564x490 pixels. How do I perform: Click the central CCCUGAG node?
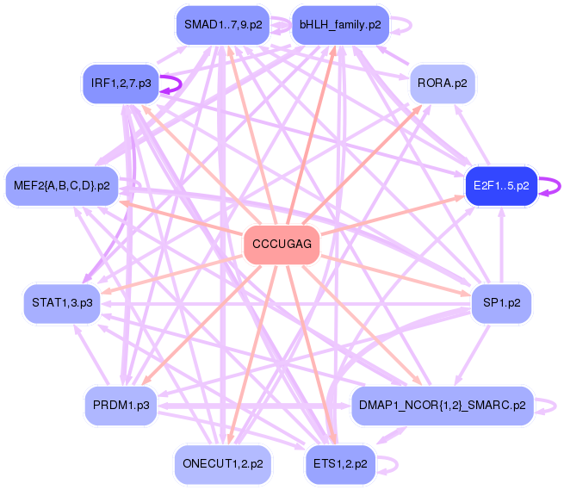coord(282,245)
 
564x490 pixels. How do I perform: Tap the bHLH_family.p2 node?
coord(340,25)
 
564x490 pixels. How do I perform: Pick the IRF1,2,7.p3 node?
coord(121,84)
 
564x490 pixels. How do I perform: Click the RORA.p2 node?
coord(443,84)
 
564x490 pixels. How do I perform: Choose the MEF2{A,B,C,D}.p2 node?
coord(62,185)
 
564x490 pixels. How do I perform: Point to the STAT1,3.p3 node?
coord(62,302)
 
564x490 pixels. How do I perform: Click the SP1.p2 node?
coord(500,302)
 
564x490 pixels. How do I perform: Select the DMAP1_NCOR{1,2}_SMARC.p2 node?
coord(443,405)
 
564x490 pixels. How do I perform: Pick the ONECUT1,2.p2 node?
coord(223,463)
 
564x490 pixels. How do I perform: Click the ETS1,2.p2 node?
coord(340,463)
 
